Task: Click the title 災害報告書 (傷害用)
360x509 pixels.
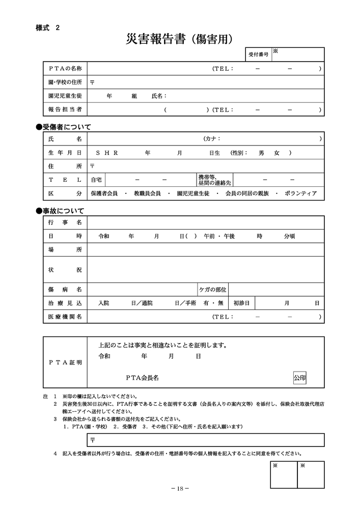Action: [x=180, y=38]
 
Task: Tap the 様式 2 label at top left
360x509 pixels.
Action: [x=47, y=29]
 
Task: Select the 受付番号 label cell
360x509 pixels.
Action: [x=258, y=54]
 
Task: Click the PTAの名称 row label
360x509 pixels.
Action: [x=65, y=68]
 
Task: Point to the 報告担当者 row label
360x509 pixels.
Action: [x=65, y=109]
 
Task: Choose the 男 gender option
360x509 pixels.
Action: [x=262, y=152]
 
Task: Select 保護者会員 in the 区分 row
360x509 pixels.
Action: [x=104, y=193]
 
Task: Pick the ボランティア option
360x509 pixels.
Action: [x=301, y=193]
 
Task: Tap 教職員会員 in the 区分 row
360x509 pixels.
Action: [x=147, y=193]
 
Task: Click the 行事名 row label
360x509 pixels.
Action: [x=65, y=222]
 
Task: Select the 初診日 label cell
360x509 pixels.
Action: [x=241, y=303]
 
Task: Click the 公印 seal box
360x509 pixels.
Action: [x=300, y=378]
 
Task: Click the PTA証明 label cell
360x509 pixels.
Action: [x=65, y=363]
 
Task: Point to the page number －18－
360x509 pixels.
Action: [x=180, y=489]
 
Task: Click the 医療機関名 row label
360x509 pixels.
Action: [x=65, y=317]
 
